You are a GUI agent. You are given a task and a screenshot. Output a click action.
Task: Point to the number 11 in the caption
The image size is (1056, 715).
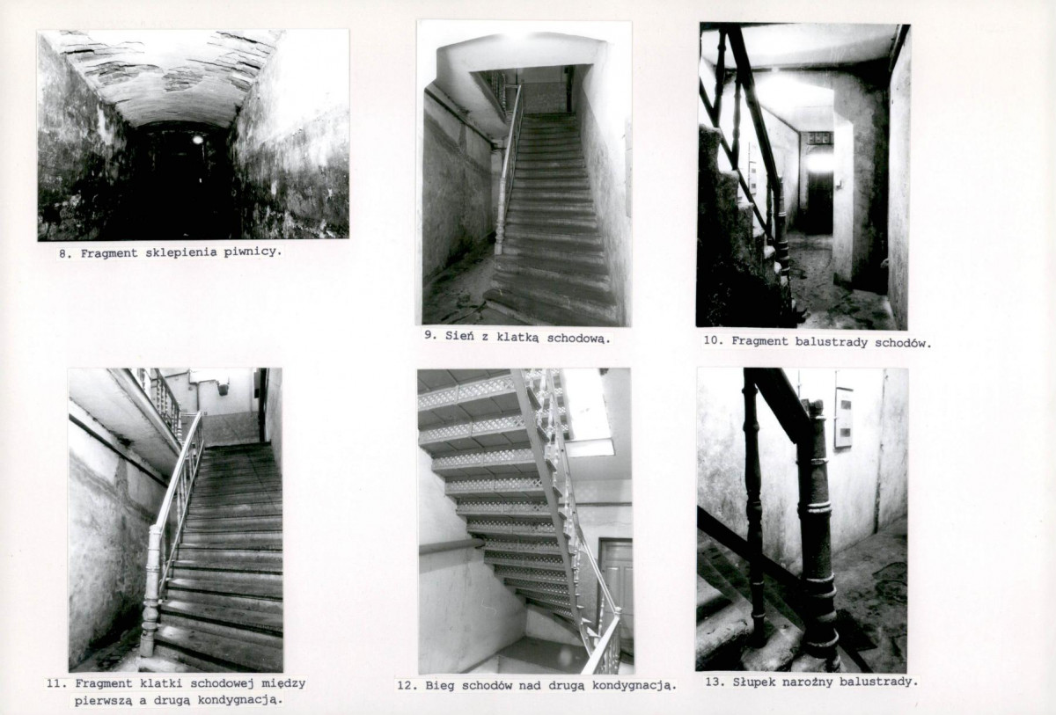56,683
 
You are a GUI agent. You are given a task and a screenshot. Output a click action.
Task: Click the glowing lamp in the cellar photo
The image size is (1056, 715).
197,139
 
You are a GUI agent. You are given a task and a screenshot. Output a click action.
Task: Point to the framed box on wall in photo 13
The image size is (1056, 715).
843,418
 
